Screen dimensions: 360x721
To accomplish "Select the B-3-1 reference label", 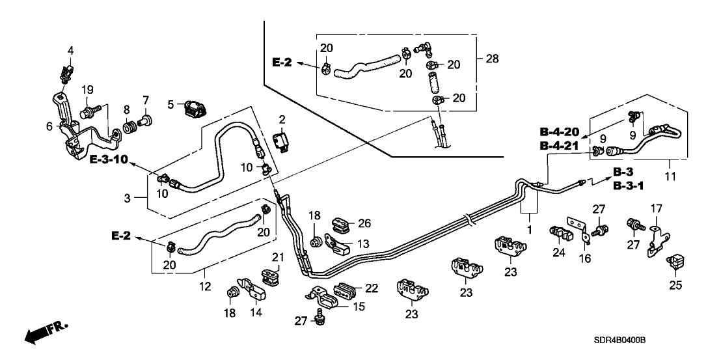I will pos(629,186).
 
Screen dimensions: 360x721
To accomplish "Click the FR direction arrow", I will pos(46,333).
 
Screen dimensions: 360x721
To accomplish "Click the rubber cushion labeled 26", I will pos(338,223).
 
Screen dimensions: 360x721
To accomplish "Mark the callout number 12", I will pos(205,286).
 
